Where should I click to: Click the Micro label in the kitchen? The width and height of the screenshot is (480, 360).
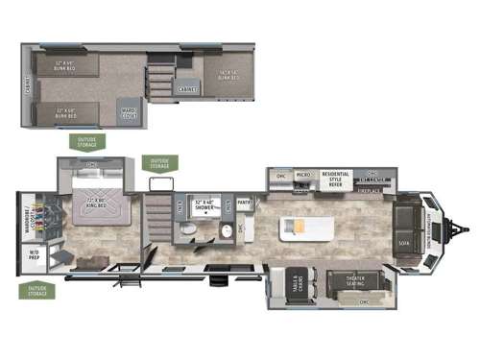pos(302,176)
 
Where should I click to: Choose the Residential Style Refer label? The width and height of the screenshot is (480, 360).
pos(335,177)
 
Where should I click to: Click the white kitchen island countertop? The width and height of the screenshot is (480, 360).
pos(305,228)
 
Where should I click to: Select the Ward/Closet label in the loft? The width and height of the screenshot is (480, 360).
pos(128,112)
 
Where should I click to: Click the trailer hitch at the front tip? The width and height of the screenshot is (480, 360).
pos(466,228)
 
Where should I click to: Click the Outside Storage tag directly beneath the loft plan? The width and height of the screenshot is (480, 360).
pos(87,141)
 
